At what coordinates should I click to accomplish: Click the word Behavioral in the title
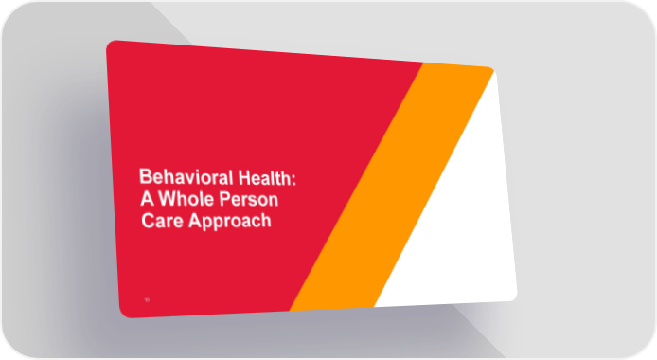(x=186, y=177)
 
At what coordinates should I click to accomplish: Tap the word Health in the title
(x=264, y=178)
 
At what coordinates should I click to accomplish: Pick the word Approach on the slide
(x=230, y=222)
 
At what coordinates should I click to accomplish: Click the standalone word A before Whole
(x=147, y=198)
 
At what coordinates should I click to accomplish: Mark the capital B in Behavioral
(x=145, y=176)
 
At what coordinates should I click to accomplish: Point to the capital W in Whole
(x=167, y=199)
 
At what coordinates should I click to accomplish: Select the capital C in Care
(x=148, y=221)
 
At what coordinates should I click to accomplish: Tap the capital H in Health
(x=244, y=178)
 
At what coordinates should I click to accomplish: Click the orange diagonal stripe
(x=392, y=187)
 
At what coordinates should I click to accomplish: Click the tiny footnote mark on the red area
(x=147, y=300)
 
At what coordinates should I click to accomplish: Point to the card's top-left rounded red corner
(x=110, y=44)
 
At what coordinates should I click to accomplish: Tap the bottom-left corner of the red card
(x=124, y=315)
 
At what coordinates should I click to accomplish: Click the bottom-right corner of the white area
(x=514, y=298)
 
